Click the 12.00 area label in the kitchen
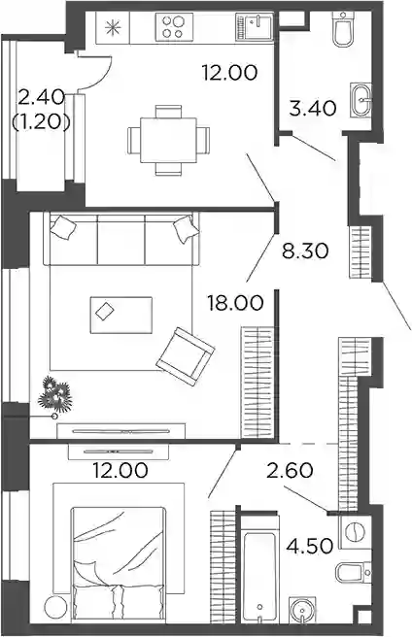click(x=229, y=73)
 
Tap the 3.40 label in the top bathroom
click(x=313, y=109)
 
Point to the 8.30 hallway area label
click(x=305, y=251)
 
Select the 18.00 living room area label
click(x=235, y=303)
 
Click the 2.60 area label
click(x=290, y=471)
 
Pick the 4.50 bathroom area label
click(x=310, y=546)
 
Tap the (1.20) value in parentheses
click(x=41, y=121)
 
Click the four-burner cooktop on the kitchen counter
click(x=174, y=26)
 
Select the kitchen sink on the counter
click(x=255, y=27)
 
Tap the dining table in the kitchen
click(x=168, y=140)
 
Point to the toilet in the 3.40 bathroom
click(x=343, y=28)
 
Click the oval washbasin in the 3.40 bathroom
click(x=361, y=100)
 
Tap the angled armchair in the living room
click(x=186, y=356)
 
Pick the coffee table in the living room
click(x=121, y=315)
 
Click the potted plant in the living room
click(x=54, y=395)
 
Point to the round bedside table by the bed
click(x=55, y=608)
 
